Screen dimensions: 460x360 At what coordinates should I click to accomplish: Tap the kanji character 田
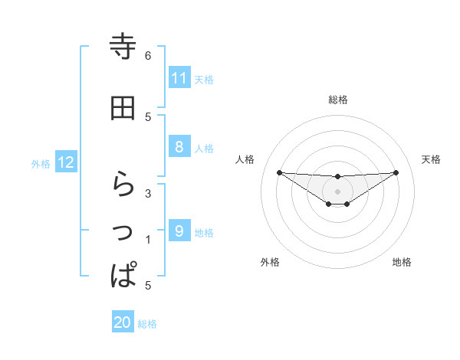pos(123,108)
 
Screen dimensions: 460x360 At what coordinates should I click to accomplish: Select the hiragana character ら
pos(123,185)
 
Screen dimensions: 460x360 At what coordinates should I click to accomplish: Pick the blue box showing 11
pos(179,78)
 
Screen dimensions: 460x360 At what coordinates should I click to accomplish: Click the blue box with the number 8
pos(179,148)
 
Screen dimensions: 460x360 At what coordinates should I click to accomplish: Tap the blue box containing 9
pos(179,231)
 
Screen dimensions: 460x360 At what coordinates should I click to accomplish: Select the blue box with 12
pos(66,162)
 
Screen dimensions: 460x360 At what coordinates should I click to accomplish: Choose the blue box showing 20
pos(123,322)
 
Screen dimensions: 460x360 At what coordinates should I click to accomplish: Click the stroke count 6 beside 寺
pos(148,55)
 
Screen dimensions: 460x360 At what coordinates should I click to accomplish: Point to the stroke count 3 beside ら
pos(148,193)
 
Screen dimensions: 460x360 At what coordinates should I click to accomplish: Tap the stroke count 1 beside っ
pos(148,240)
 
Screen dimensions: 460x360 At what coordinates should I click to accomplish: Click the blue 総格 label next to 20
pos(147,324)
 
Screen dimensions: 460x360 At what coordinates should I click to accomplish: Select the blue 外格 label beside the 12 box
pos(41,163)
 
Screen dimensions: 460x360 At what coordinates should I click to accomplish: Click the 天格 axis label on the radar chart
pos(432,159)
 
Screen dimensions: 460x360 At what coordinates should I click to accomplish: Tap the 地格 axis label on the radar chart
pos(402,262)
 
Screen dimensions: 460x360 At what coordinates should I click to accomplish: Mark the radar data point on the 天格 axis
pos(396,172)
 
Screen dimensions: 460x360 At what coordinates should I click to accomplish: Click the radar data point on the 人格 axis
pos(279,172)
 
